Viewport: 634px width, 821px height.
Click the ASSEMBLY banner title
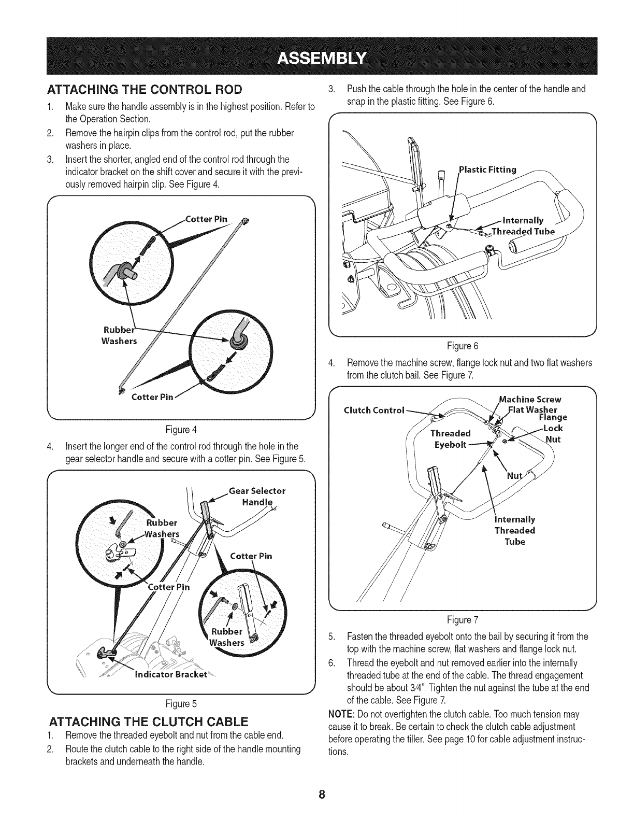click(316, 56)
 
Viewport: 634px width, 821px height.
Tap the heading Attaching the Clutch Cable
click(149, 721)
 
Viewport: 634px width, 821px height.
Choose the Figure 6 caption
click(463, 346)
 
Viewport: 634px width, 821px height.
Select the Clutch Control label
click(373, 410)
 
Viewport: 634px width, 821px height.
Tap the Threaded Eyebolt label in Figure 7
click(450, 439)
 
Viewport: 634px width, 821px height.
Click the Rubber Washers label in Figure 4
click(119, 335)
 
